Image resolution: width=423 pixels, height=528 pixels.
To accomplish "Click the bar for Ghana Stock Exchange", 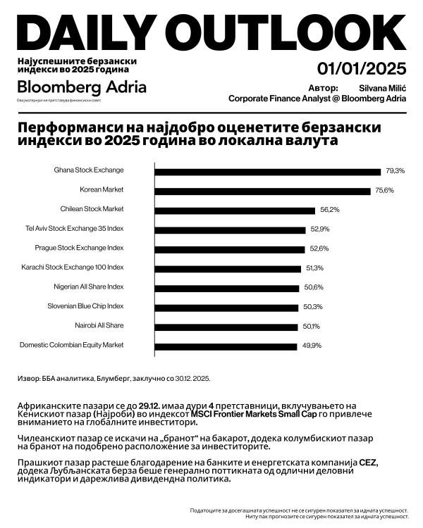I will pyautogui.click(x=267, y=171).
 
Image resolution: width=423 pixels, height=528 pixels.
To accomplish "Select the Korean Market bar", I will pyautogui.click(x=262, y=191).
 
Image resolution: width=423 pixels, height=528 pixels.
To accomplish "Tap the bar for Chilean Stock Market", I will pyautogui.click(x=234, y=210).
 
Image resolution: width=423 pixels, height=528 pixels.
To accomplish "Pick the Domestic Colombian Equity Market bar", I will pyautogui.click(x=226, y=346).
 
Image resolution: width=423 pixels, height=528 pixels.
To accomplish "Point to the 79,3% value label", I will pyautogui.click(x=396, y=171).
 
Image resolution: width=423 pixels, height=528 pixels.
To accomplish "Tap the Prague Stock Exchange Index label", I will pyautogui.click(x=79, y=248).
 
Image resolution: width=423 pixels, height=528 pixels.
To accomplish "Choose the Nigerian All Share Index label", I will pyautogui.click(x=89, y=287).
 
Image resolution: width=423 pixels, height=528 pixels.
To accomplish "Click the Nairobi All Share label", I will pyautogui.click(x=99, y=325).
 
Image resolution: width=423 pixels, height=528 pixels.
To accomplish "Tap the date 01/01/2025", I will pyautogui.click(x=362, y=68).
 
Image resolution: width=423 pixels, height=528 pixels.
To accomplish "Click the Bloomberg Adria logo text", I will pyautogui.click(x=82, y=87).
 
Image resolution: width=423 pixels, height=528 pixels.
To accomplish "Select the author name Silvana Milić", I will pyautogui.click(x=383, y=87).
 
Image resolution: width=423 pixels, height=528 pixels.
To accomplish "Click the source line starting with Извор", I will pyautogui.click(x=114, y=378).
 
